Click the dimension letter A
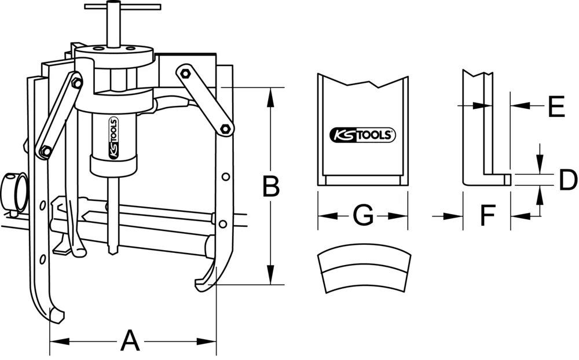tap(130, 340)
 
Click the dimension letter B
tap(270, 186)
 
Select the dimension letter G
tap(362, 216)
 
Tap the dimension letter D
tap(567, 181)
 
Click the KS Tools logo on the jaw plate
tap(362, 135)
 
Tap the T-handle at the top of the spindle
tap(122, 8)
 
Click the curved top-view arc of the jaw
tap(364, 273)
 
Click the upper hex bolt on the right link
tap(185, 73)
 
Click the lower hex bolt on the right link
tap(225, 128)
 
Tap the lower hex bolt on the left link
tap(45, 152)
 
